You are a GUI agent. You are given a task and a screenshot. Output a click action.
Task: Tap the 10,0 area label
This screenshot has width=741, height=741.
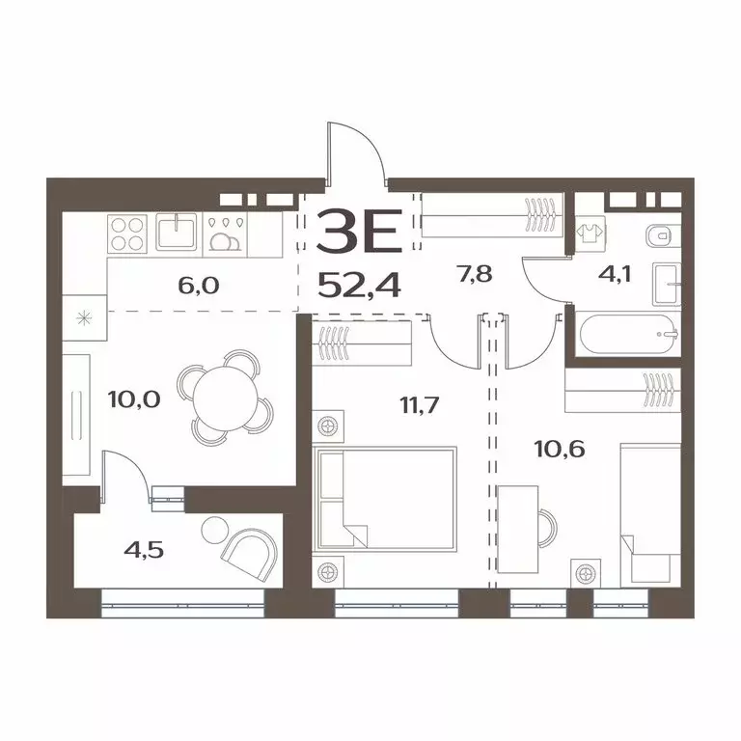pyautogui.click(x=109, y=398)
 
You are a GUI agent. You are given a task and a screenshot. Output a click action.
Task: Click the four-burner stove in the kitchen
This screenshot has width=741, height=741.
pyautogui.click(x=127, y=232)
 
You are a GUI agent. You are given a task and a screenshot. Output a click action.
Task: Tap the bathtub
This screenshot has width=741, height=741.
pyautogui.click(x=627, y=335)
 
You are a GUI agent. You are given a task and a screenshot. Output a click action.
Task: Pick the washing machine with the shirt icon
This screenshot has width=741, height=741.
pyautogui.click(x=588, y=232)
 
